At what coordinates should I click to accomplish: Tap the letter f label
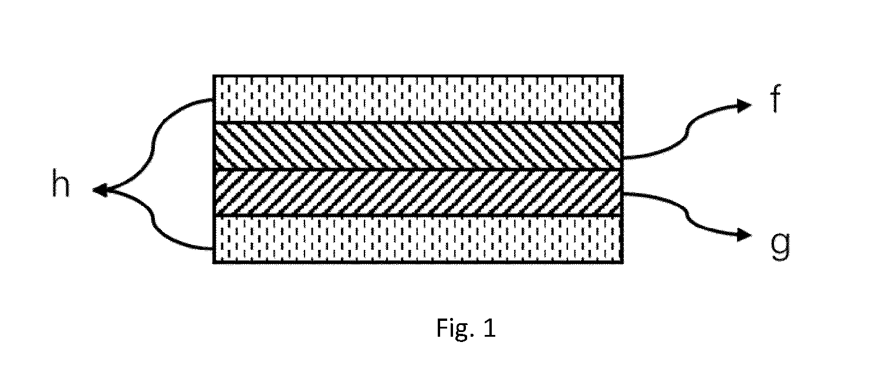point(776,99)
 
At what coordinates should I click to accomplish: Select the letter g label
point(780,246)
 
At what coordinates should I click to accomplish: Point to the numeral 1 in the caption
point(489,328)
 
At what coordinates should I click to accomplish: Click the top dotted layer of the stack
point(418,99)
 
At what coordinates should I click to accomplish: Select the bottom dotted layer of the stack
point(418,239)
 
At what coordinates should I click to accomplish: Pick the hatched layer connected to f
point(418,146)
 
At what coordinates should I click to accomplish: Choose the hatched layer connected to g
point(418,192)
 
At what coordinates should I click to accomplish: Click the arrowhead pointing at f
point(744,106)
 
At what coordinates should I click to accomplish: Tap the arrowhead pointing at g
point(744,235)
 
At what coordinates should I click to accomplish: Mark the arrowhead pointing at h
point(100,190)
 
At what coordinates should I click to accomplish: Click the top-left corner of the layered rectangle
point(214,76)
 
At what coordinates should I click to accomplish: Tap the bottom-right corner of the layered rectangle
point(623,263)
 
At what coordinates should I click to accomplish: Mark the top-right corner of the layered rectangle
point(623,76)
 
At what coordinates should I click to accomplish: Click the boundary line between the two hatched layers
point(418,170)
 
